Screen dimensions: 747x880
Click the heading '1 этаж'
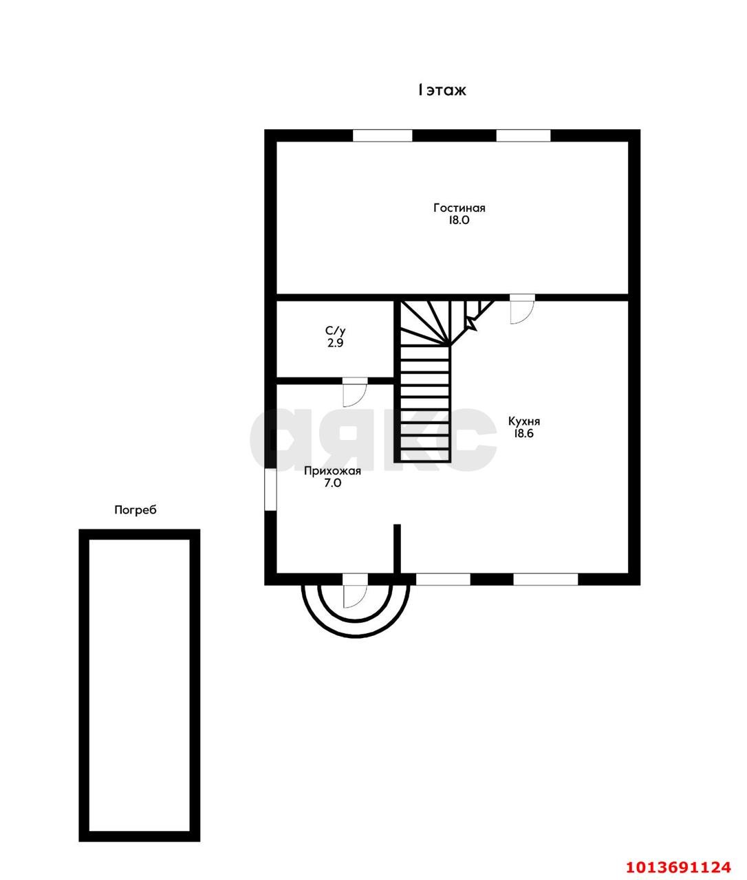tap(442, 90)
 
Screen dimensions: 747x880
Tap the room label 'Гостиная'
tap(459, 208)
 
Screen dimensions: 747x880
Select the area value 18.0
tap(458, 220)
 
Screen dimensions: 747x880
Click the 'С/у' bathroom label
tap(335, 331)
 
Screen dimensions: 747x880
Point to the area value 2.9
tap(335, 343)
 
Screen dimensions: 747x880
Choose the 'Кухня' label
tap(524, 421)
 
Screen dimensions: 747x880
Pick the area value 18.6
tap(523, 433)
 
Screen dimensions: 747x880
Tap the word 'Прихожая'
tap(332, 471)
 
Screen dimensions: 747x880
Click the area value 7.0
tap(333, 483)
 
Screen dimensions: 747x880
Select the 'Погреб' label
tap(136, 509)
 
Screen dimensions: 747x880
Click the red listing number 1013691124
tap(678, 864)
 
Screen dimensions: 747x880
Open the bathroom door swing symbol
tap(355, 392)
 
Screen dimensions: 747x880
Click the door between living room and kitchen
tap(523, 309)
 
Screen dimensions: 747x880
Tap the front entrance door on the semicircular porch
tap(355, 591)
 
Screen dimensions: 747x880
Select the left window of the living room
tap(382, 135)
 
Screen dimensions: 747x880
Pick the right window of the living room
tap(523, 135)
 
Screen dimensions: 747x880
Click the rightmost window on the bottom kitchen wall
tap(545, 580)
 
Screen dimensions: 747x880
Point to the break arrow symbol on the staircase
tap(470, 323)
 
